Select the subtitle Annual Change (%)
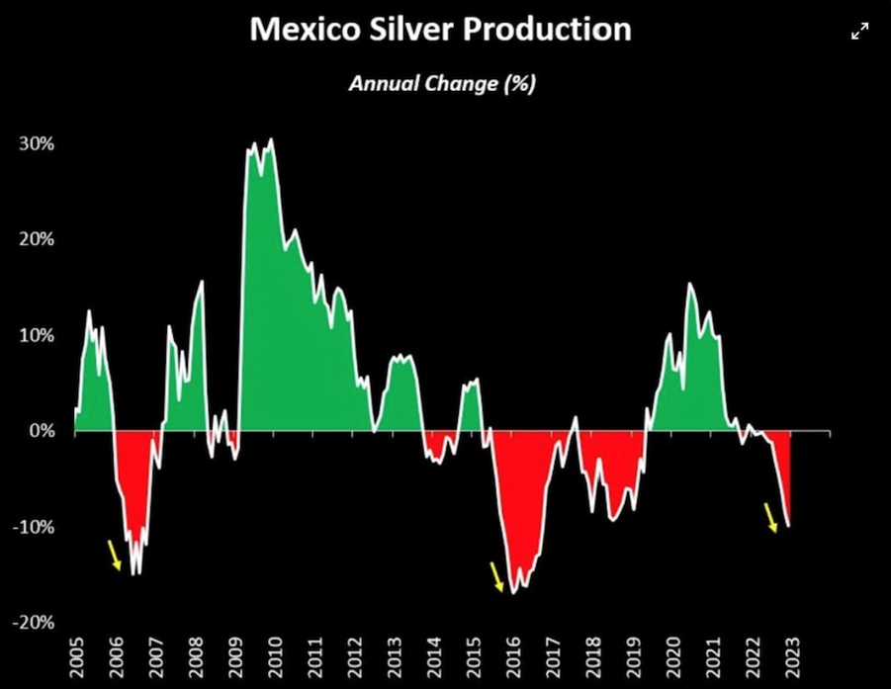[x=442, y=83]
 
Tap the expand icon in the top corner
[x=860, y=32]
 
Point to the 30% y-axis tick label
[x=36, y=143]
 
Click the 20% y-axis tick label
[x=36, y=239]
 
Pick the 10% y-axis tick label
[x=36, y=335]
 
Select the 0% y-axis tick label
[x=41, y=431]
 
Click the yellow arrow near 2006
[x=115, y=555]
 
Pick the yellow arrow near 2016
[x=496, y=576]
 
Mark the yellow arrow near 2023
[x=771, y=517]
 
